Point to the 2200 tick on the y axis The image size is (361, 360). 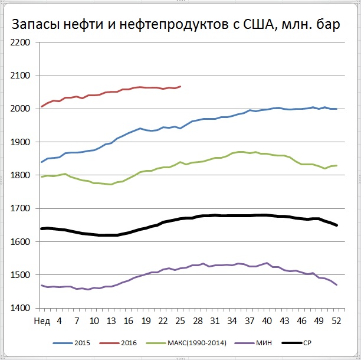coord(21,42)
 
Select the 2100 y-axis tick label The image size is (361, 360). coord(21,76)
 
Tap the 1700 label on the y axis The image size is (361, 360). coord(21,208)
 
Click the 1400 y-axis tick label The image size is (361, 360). coord(21,308)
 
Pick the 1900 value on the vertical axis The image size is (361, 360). coord(21,142)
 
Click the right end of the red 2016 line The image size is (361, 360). coord(180,86)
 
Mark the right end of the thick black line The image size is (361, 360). coord(337,225)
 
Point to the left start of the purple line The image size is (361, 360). coord(42,285)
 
